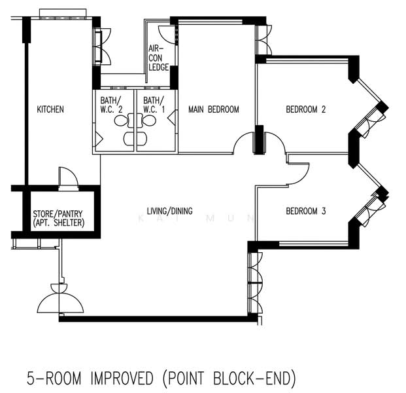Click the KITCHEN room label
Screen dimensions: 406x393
(50, 109)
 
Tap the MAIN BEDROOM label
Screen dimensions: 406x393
(214, 109)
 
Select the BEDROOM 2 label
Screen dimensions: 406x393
(305, 109)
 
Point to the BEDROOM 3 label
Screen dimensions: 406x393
(305, 211)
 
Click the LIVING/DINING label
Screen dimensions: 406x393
(169, 211)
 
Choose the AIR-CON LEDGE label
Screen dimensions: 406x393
(158, 58)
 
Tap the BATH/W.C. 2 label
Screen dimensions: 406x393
(111, 105)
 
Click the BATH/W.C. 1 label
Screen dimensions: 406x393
(154, 105)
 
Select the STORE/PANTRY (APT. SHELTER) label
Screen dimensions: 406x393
(59, 218)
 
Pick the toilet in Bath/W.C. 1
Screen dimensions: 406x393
(148, 121)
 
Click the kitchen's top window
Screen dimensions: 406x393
(63, 18)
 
